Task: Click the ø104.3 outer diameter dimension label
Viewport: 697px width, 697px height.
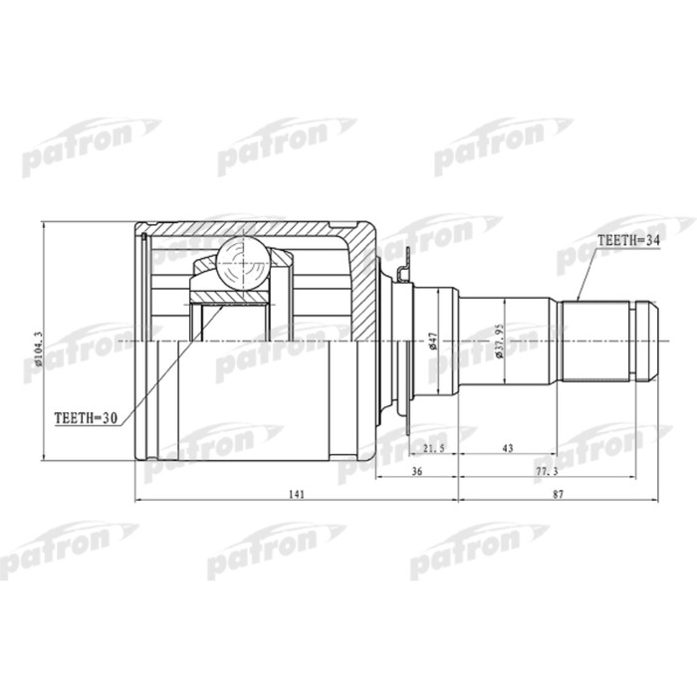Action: [39, 342]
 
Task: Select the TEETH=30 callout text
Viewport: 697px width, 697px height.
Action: [86, 419]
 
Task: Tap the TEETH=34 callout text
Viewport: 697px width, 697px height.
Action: [628, 240]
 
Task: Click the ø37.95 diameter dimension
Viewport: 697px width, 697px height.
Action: [501, 342]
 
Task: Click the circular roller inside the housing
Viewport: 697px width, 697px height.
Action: [242, 263]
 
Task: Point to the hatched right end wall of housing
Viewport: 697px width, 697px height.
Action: [367, 299]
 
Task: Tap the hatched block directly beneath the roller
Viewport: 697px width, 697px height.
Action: [230, 296]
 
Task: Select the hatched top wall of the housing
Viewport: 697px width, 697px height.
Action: [249, 228]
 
